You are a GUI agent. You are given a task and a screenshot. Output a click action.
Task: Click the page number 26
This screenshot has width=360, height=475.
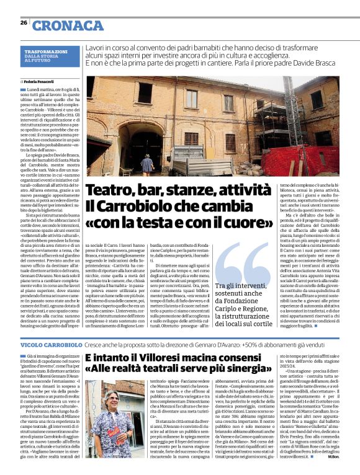24,22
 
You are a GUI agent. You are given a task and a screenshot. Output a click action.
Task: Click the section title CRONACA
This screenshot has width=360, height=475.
68,25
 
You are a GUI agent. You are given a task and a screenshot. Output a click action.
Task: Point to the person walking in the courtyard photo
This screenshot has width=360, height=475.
146,164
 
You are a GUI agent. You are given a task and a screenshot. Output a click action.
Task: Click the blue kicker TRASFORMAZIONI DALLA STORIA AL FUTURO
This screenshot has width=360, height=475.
47,55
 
